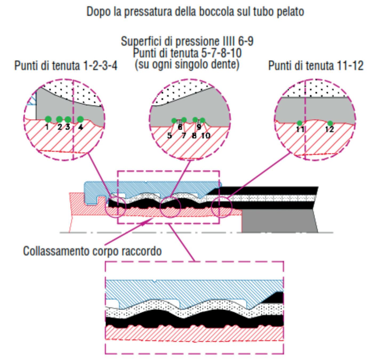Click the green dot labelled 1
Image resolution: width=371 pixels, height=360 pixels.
(48, 119)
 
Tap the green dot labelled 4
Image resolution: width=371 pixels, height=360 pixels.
(80, 119)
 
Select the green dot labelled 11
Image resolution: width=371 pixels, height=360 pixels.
(300, 123)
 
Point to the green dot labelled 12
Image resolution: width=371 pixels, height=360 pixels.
(330, 123)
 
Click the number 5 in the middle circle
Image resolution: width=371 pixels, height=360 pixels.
(170, 136)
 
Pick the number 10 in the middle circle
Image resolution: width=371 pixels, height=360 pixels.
(205, 136)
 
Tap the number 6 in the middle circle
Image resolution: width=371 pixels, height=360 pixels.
(180, 127)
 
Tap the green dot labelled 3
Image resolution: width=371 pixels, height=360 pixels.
(68, 119)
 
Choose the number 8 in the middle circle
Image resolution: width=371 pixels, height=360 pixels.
(194, 136)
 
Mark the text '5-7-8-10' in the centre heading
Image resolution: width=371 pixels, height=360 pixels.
(220, 53)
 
